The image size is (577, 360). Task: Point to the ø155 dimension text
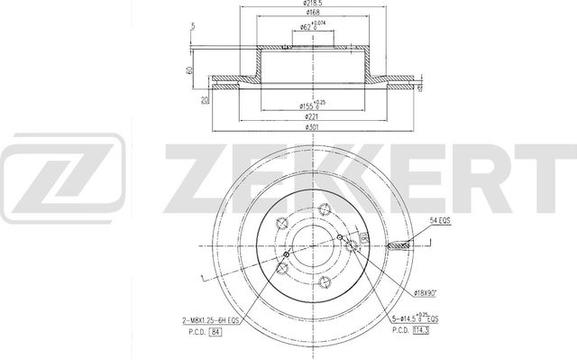[x=312, y=107]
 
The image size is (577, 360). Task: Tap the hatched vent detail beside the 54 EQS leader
[x=398, y=245]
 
